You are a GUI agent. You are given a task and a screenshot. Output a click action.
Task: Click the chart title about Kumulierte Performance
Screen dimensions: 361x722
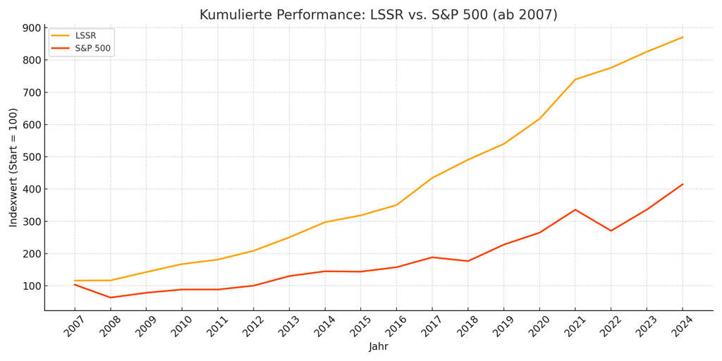(378, 15)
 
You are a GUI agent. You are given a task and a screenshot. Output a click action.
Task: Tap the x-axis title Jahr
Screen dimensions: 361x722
(378, 347)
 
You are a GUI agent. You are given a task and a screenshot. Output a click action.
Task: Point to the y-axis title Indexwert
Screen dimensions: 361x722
(13, 167)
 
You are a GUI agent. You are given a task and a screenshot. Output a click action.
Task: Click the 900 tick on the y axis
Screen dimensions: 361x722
(32, 28)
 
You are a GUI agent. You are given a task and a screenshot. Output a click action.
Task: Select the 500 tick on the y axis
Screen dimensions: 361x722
(32, 157)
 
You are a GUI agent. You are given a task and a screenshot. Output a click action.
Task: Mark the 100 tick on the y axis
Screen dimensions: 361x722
(32, 286)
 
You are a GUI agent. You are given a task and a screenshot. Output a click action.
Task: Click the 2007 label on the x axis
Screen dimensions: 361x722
(73, 326)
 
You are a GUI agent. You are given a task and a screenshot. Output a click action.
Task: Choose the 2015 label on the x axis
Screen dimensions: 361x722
(359, 326)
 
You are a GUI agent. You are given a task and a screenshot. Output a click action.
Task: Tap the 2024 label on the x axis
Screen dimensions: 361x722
(681, 326)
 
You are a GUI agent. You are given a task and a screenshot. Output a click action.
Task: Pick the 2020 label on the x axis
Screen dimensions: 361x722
(538, 326)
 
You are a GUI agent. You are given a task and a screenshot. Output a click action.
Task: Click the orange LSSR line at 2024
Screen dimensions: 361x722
(683, 37)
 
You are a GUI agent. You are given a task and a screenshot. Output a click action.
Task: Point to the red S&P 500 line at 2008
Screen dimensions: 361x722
(110, 298)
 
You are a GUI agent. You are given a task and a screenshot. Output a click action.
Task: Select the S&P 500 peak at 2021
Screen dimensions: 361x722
(575, 209)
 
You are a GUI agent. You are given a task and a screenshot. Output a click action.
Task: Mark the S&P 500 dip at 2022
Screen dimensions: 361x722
(611, 231)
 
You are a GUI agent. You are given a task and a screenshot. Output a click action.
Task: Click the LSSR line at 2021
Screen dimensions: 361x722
(575, 80)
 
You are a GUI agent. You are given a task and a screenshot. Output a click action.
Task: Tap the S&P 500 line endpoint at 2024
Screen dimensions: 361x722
(683, 185)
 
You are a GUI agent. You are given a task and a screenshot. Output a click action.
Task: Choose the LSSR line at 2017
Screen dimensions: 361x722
(432, 178)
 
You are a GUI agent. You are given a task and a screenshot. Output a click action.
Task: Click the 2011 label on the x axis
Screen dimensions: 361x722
(216, 326)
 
